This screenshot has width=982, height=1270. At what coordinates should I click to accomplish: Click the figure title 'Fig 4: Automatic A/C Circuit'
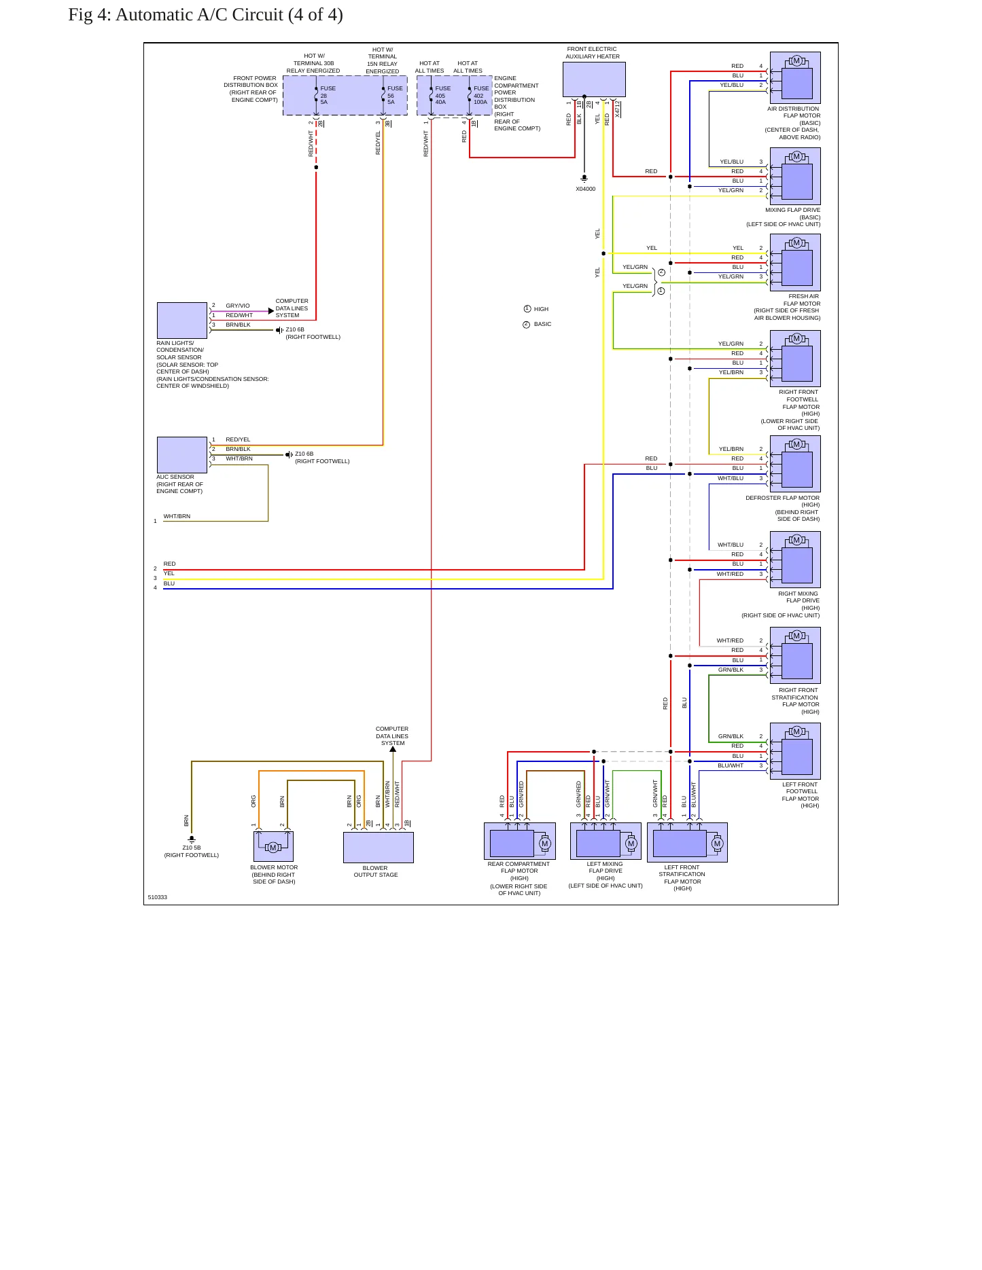pyautogui.click(x=175, y=15)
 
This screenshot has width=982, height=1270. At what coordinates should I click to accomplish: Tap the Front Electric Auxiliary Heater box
pyautogui.click(x=594, y=79)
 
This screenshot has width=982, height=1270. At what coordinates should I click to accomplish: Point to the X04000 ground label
pyautogui.click(x=585, y=189)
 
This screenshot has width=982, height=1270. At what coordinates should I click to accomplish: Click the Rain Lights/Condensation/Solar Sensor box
pyautogui.click(x=182, y=320)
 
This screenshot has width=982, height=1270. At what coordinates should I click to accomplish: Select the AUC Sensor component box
pyautogui.click(x=182, y=454)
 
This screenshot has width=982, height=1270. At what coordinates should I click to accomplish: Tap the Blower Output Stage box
pyautogui.click(x=379, y=848)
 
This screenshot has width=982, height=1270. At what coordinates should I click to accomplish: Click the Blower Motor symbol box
pyautogui.click(x=273, y=846)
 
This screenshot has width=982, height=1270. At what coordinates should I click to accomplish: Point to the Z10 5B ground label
pyautogui.click(x=192, y=848)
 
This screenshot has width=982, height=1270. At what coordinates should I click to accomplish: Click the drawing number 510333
pyautogui.click(x=158, y=897)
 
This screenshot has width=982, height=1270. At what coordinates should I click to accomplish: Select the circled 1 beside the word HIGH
pyautogui.click(x=527, y=309)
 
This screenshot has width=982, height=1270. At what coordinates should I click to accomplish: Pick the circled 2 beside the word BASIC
pyautogui.click(x=526, y=325)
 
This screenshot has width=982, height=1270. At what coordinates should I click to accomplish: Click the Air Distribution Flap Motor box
pyautogui.click(x=795, y=77)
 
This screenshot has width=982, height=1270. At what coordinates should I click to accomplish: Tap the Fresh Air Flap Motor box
pyautogui.click(x=795, y=262)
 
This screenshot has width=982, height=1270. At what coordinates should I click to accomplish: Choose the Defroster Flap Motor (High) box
pyautogui.click(x=795, y=464)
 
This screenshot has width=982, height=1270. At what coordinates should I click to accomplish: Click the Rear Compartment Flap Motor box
pyautogui.click(x=520, y=841)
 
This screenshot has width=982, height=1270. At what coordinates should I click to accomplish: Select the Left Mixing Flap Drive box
pyautogui.click(x=606, y=841)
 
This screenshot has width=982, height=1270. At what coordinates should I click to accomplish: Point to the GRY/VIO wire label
pyautogui.click(x=238, y=306)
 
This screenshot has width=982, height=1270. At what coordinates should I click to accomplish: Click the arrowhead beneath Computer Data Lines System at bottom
pyautogui.click(x=393, y=750)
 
